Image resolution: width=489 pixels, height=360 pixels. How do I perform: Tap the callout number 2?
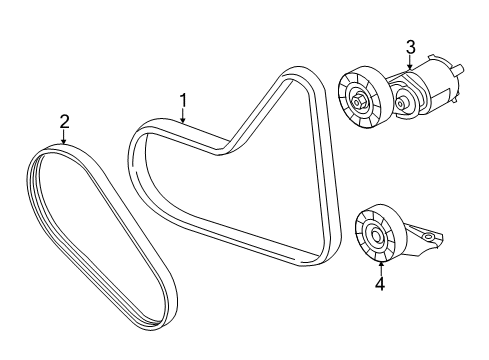[x=64, y=122]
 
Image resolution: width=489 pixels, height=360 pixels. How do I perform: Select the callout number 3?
[x=411, y=47]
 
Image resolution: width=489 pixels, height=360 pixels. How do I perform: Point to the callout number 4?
[x=380, y=284]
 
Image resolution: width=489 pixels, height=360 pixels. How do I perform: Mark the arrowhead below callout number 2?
[x=64, y=141]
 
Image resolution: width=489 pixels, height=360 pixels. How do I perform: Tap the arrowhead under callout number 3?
[x=410, y=66]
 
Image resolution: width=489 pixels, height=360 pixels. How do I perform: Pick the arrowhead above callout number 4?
[x=381, y=265]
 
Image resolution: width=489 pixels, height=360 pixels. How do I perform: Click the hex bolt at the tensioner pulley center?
[x=358, y=100]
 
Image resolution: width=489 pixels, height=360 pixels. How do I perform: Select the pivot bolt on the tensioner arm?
[x=400, y=103]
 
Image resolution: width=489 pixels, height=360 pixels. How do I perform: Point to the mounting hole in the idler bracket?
[x=427, y=238]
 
